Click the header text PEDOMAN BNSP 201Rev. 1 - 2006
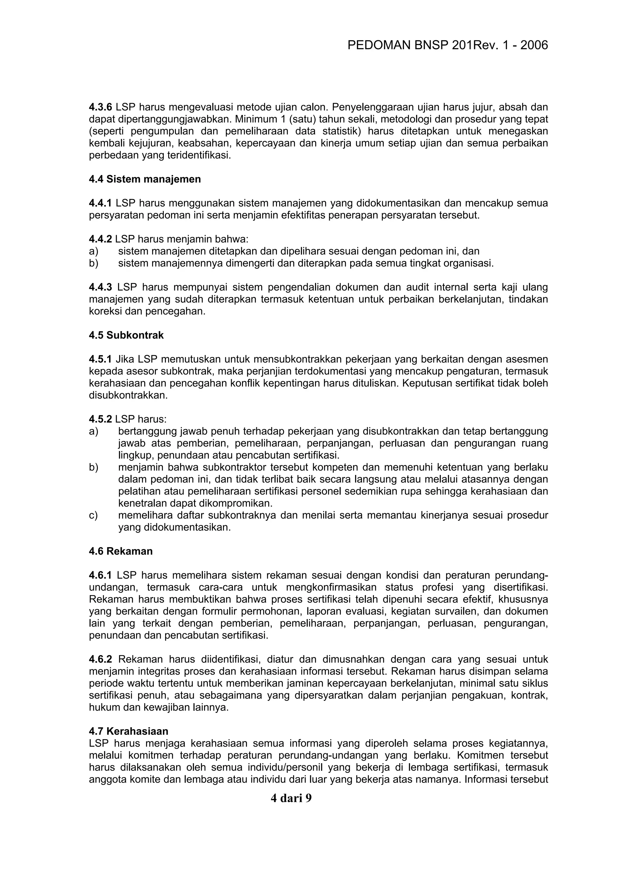click(447, 45)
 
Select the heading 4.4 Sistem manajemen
click(145, 179)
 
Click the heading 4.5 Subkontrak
click(126, 335)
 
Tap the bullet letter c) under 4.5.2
click(93, 515)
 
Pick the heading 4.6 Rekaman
click(121, 551)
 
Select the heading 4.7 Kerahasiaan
click(128, 731)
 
